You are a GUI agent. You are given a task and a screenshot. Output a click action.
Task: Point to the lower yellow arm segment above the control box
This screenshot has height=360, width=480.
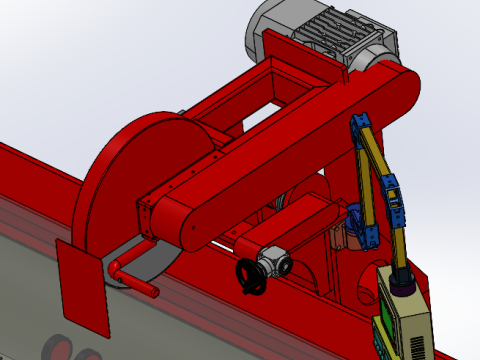coord(399,245)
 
